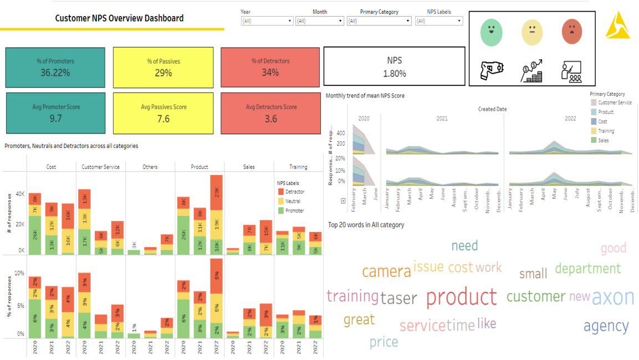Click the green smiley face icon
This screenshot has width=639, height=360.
(491, 32)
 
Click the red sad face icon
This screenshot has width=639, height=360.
(571, 32)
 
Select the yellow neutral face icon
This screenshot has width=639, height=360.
(532, 32)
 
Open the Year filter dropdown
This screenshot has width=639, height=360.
(267, 21)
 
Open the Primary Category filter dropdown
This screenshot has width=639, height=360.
(379, 21)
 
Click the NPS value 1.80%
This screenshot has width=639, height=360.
(394, 73)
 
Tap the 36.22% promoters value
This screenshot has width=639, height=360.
(55, 73)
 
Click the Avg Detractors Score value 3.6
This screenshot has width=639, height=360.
(270, 119)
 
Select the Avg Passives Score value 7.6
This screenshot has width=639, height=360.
(163, 119)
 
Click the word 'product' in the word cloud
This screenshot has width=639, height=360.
(461, 297)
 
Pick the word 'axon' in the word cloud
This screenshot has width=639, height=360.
(612, 297)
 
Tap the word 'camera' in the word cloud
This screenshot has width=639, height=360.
(386, 271)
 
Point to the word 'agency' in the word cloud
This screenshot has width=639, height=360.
(606, 326)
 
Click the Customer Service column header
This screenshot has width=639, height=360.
(100, 167)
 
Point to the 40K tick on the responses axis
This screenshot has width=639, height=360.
(20, 194)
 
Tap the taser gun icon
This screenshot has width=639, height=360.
(491, 71)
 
